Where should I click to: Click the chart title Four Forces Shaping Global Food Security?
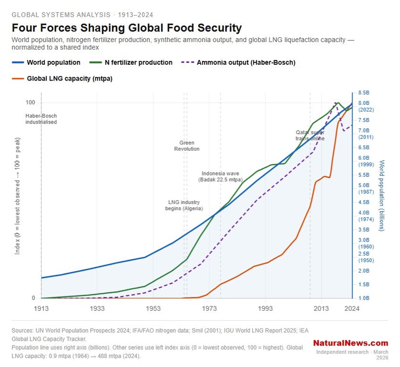126,28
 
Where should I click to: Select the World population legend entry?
53,62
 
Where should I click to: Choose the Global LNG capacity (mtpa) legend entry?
69,79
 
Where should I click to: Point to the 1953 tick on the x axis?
153,309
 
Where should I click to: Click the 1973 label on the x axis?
209,309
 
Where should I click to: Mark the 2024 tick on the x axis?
352,309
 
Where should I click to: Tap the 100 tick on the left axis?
31,103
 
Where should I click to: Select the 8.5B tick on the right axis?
364,92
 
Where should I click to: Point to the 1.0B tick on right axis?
364,298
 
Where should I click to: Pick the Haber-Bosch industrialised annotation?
41,119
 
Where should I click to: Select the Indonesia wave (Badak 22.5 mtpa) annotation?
220,176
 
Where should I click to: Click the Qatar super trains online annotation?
310,135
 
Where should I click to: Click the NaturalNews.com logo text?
350,343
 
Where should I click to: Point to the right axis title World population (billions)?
382,195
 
